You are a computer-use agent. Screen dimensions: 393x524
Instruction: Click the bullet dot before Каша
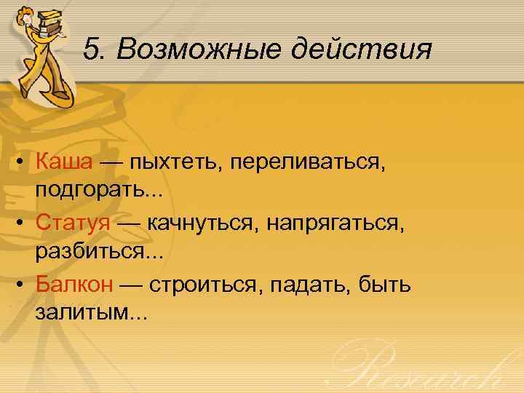tap(22, 162)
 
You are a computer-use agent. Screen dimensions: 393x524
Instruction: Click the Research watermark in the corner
tap(429, 368)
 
